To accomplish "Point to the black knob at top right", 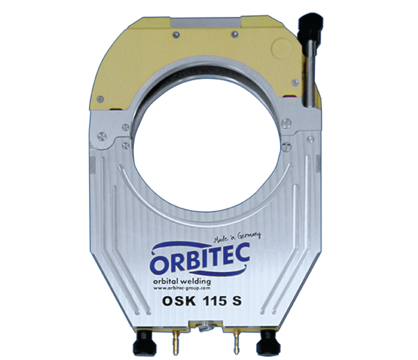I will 311,24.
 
